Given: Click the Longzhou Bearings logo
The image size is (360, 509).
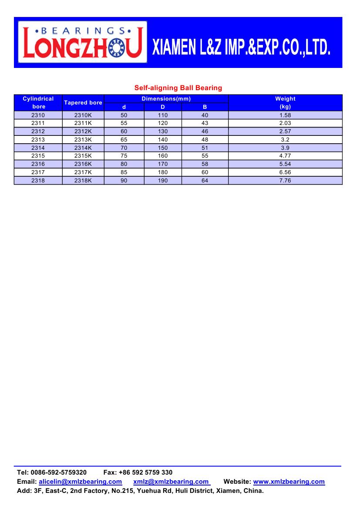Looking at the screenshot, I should pyautogui.click(x=83, y=43).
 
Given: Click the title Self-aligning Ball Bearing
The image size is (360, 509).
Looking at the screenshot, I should pyautogui.click(x=178, y=88).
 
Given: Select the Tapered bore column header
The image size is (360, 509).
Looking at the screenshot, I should pyautogui.click(x=83, y=103).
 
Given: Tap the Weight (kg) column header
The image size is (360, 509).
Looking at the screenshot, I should pyautogui.click(x=285, y=102).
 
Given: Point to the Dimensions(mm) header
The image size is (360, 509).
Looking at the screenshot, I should pyautogui.click(x=166, y=99).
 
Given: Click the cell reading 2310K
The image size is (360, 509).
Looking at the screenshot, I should pyautogui.click(x=83, y=115).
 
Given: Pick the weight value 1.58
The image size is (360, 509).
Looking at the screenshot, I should pyautogui.click(x=285, y=115).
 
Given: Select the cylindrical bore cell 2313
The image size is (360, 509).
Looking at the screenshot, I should pyautogui.click(x=38, y=140).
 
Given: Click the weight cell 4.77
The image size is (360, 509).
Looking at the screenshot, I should pyautogui.click(x=285, y=156).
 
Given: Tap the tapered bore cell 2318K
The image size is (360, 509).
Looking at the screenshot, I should pyautogui.click(x=83, y=180).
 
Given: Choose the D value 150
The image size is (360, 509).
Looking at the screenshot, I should pyautogui.click(x=163, y=148).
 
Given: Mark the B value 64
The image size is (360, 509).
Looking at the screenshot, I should pyautogui.click(x=205, y=180).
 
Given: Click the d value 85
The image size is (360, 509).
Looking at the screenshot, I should pyautogui.click(x=124, y=172).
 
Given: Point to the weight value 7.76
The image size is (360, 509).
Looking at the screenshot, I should pyautogui.click(x=285, y=180).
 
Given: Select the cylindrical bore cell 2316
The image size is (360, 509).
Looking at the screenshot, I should pyautogui.click(x=38, y=164).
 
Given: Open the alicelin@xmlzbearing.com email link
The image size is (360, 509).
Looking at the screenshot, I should pyautogui.click(x=80, y=482).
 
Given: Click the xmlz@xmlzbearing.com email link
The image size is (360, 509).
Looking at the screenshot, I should pyautogui.click(x=171, y=482).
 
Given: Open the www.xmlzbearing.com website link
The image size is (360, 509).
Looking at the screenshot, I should pyautogui.click(x=289, y=482).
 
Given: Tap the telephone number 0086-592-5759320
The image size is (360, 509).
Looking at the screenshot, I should pyautogui.click(x=59, y=472).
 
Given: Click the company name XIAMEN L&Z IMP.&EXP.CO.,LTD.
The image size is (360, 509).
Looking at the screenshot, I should pyautogui.click(x=241, y=48).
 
